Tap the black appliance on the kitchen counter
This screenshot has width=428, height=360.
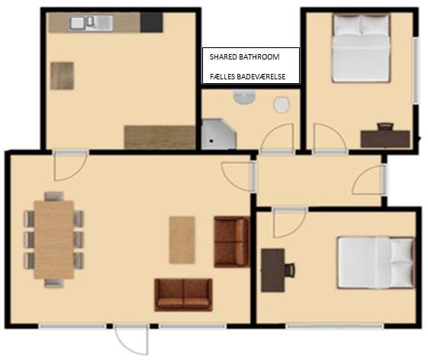coord(152,22)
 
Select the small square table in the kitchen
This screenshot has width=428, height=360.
coord(63,76)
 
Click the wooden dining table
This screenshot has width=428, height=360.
coord(53,238)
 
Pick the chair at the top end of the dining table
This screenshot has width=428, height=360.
coord(53,196)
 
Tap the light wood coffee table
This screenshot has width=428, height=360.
coord(182,239)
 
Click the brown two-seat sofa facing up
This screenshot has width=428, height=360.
coord(183,294)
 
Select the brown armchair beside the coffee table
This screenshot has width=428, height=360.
coord(231,241)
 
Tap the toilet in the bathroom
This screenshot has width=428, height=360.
coord(282,104)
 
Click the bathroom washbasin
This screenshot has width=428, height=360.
coord(244,99)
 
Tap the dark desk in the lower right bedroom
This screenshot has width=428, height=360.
coord(272,270)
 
